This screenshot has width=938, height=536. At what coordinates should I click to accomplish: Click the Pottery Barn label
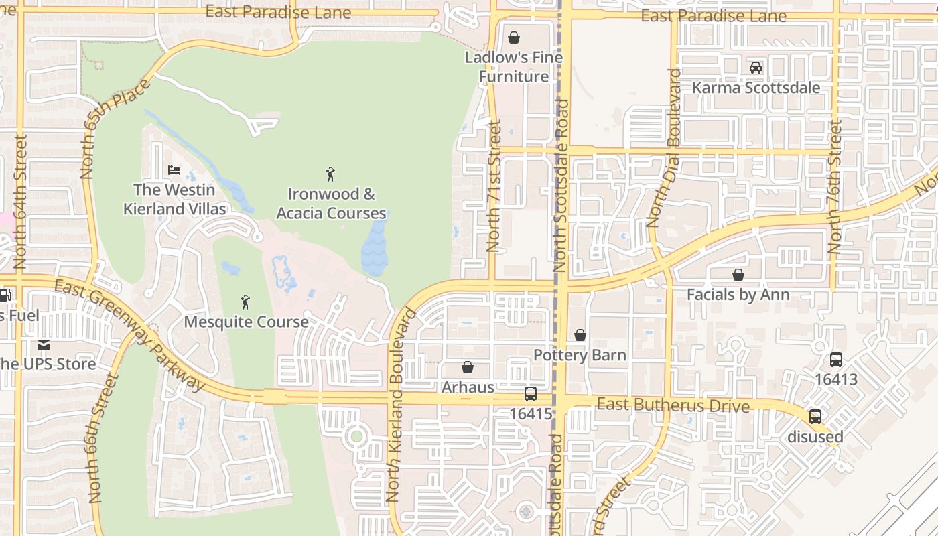pos(580,355)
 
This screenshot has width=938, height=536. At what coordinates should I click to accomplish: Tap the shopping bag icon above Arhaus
pos(468,367)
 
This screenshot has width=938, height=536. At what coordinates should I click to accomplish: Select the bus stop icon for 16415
pos(531,394)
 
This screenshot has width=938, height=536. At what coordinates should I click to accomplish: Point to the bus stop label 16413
pos(835,379)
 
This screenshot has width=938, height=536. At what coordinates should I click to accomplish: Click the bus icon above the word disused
pos(815,416)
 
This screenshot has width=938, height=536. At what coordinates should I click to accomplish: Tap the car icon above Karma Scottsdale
pos(756,68)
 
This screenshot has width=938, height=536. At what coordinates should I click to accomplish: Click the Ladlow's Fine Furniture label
pos(514,67)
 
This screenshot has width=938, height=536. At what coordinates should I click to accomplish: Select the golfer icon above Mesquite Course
pos(246,302)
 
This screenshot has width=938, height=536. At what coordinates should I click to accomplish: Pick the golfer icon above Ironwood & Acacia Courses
pos(330,175)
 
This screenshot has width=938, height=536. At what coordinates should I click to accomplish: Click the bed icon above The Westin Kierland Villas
pos(174,170)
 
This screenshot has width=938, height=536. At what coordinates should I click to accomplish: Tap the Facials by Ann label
pos(738,295)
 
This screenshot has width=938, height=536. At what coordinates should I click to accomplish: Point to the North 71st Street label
pos(494,186)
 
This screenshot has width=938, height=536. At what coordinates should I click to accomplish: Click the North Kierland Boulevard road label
pos(401,405)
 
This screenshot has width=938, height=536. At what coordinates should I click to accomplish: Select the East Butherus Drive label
pos(673,405)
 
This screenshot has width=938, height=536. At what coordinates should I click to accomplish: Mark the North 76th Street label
pos(834,188)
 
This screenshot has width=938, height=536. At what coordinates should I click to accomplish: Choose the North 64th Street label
pos(20,201)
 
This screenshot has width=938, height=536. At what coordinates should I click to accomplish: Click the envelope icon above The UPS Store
pos(44,345)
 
